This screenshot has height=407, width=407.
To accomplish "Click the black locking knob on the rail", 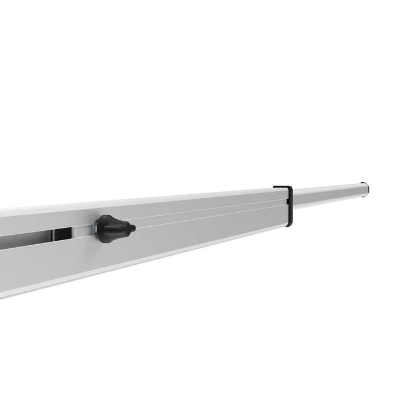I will tap(113, 229).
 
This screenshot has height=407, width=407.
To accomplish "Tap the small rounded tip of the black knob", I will tap(133, 227).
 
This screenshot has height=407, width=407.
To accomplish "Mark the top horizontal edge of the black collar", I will tap(282, 187).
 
